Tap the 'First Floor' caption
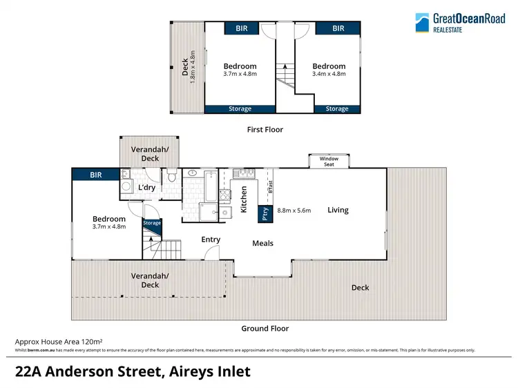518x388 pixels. pyautogui.click(x=265, y=129)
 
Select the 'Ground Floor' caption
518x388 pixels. pyautogui.click(x=265, y=329)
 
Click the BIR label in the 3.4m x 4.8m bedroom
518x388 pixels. pyautogui.click(x=338, y=28)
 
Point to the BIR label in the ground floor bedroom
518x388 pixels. pyautogui.click(x=95, y=175)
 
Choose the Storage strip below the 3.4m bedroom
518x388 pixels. pyautogui.click(x=337, y=108)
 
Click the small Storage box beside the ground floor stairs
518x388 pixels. pyautogui.click(x=152, y=223)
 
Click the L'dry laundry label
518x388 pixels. pyautogui.click(x=146, y=188)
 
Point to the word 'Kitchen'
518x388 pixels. pyautogui.click(x=244, y=200)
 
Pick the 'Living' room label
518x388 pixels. pyautogui.click(x=338, y=210)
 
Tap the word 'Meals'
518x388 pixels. pyautogui.click(x=262, y=243)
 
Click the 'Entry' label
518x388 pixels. pyautogui.click(x=211, y=240)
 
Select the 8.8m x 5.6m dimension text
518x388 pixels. pyautogui.click(x=295, y=210)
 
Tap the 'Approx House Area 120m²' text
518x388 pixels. pyautogui.click(x=59, y=341)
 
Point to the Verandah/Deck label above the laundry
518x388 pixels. pyautogui.click(x=150, y=154)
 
